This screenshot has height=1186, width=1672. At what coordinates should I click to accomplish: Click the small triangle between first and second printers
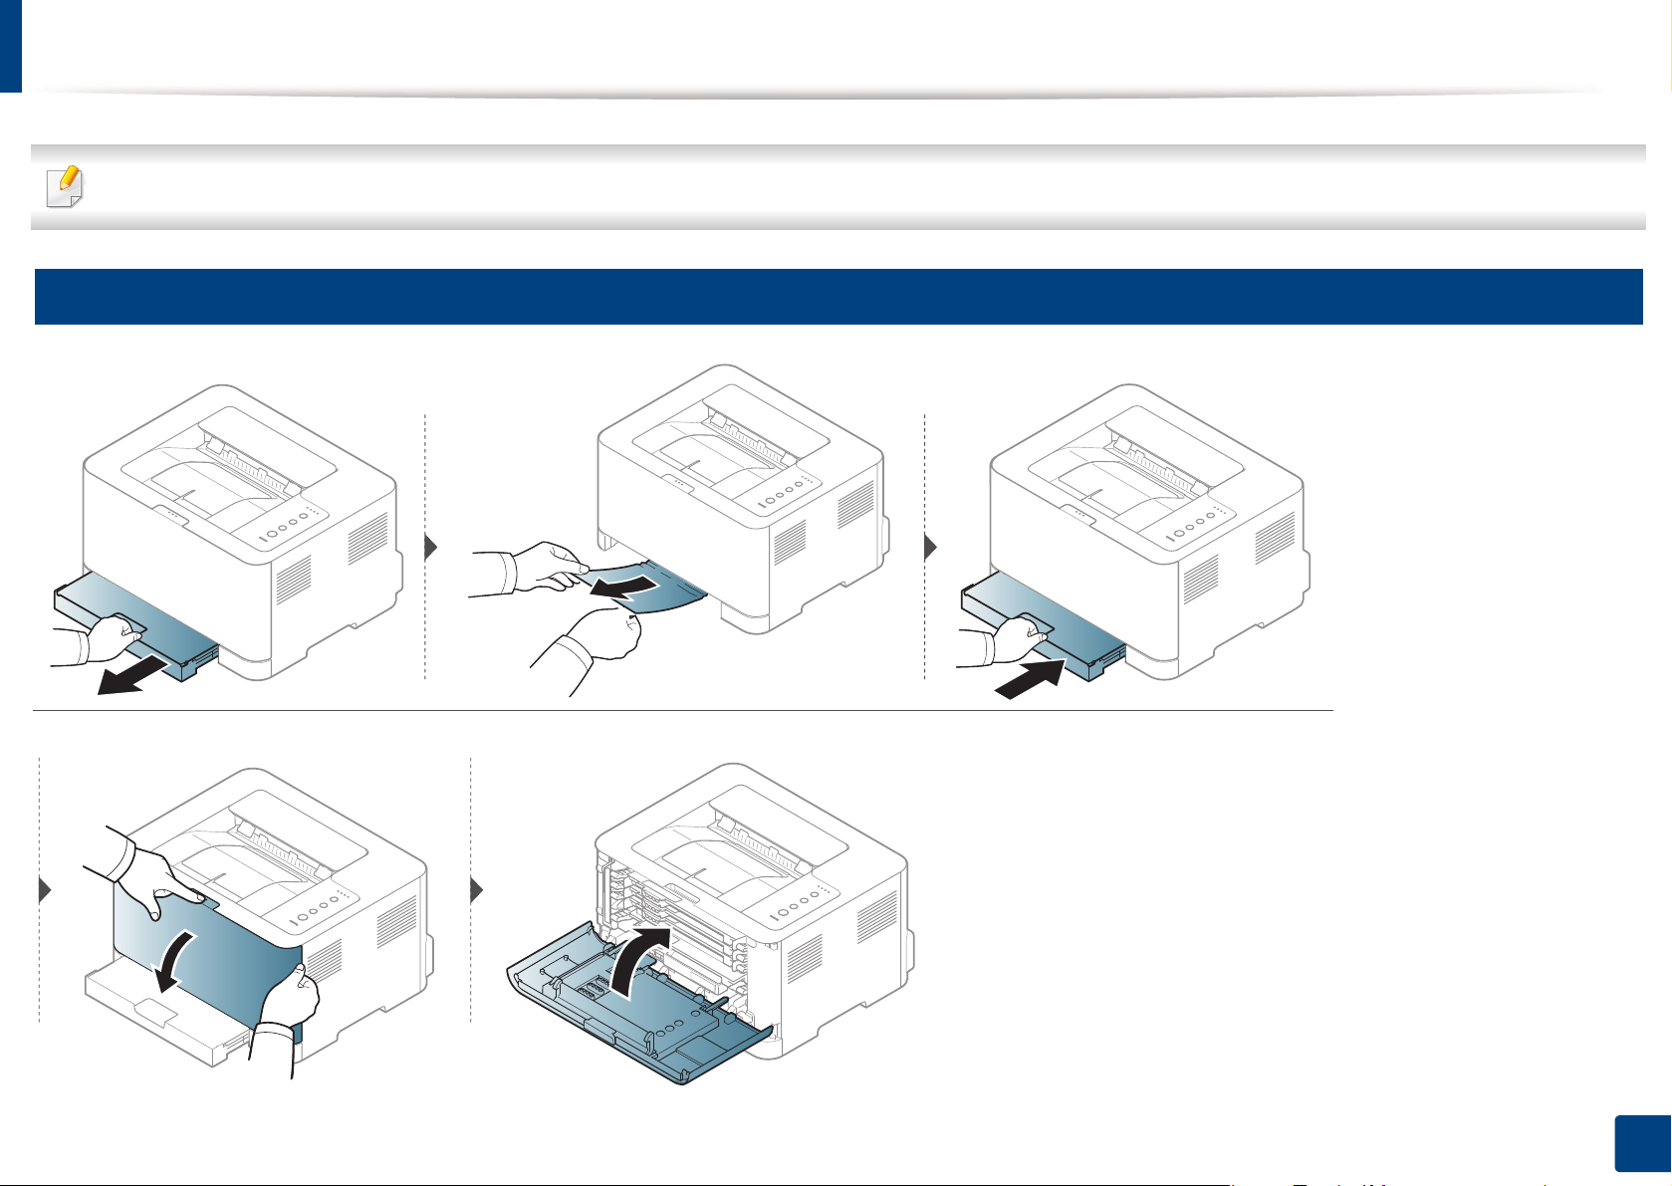(x=431, y=548)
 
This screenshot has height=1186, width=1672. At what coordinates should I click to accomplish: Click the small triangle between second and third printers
(x=930, y=548)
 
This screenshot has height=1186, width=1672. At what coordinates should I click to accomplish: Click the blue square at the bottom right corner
(x=1639, y=1143)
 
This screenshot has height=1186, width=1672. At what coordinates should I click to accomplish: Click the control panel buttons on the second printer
(x=787, y=494)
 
